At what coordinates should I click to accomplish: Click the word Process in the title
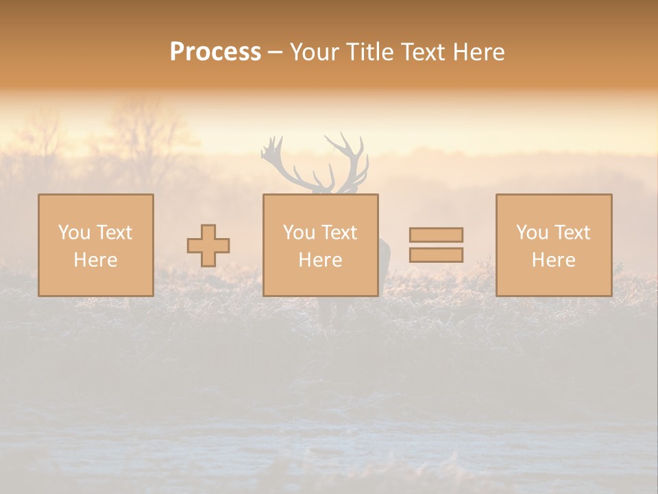click(x=215, y=52)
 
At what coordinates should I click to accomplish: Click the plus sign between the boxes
click(x=208, y=246)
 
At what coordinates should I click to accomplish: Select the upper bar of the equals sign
click(x=436, y=235)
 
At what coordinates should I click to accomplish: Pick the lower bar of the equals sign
click(x=436, y=255)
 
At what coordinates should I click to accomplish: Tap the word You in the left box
click(x=74, y=233)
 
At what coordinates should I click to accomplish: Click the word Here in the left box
click(x=95, y=260)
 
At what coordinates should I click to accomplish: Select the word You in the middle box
click(x=299, y=233)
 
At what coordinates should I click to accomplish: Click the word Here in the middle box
click(x=320, y=260)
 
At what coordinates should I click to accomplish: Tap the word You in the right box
click(x=532, y=233)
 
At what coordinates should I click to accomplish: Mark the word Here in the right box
click(x=553, y=260)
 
